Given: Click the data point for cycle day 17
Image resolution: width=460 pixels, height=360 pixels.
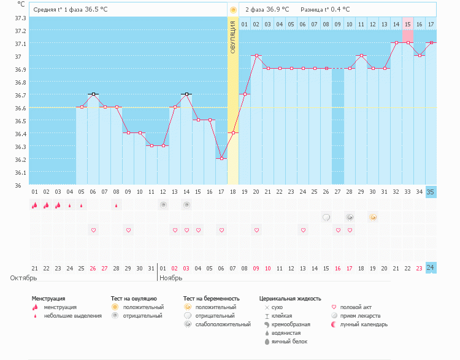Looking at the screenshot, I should point(221,158).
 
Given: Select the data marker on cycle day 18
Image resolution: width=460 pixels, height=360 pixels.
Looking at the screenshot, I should point(233,132).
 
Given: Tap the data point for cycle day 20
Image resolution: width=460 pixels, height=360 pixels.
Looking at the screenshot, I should point(256,55).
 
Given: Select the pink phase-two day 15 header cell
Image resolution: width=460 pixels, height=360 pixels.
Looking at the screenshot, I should point(407,24).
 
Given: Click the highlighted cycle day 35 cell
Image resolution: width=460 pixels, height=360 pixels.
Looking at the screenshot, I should point(431,192).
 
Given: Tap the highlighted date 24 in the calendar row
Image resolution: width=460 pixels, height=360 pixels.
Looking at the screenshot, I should point(431,268).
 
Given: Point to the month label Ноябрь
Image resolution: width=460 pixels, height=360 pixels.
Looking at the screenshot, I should point(170,278).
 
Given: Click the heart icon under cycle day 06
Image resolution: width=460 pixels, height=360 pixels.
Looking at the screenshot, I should point(93,230).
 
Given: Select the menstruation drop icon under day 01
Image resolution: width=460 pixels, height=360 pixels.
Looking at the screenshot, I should point(35,205).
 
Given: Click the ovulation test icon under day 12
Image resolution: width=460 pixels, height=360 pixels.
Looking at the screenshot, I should point(163,205).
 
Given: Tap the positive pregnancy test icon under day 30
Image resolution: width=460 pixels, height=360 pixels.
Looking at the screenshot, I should point(372,217).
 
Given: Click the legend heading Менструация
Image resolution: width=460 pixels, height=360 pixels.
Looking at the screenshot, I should point(48,299).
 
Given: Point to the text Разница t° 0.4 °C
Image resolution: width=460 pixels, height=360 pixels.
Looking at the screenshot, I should point(325,10).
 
